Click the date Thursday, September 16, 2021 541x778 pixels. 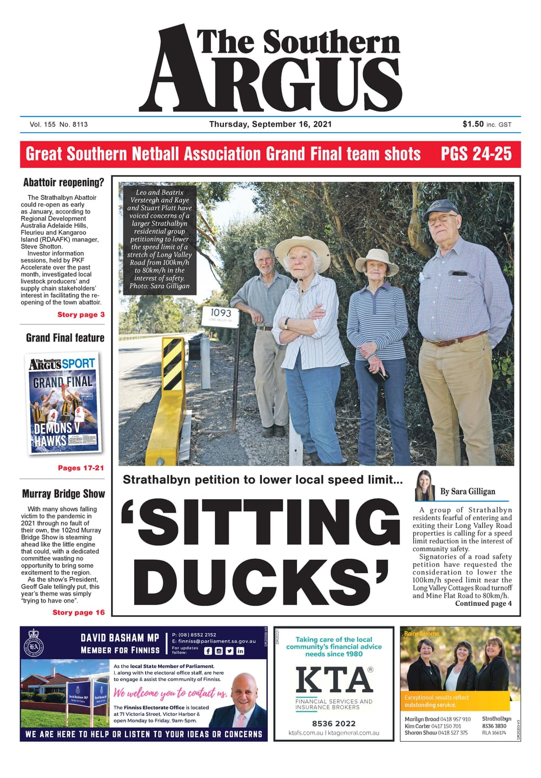(x=270, y=124)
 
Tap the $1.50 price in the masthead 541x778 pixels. (x=473, y=124)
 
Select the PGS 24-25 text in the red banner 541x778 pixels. (x=476, y=154)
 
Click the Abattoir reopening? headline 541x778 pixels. (x=63, y=182)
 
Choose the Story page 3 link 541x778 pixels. (x=81, y=315)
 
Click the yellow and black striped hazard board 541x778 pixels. (x=174, y=364)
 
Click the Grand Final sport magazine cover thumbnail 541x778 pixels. (x=64, y=403)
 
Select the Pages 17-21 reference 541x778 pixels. (x=81, y=468)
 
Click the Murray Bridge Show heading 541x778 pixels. (x=63, y=494)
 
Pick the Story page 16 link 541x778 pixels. (x=78, y=612)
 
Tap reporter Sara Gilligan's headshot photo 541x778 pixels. (x=425, y=486)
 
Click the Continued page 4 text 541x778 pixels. (x=483, y=603)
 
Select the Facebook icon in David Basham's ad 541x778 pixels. (x=208, y=651)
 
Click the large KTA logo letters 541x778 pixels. (x=334, y=679)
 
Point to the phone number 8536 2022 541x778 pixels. (x=334, y=723)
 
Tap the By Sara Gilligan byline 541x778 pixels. (x=467, y=491)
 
